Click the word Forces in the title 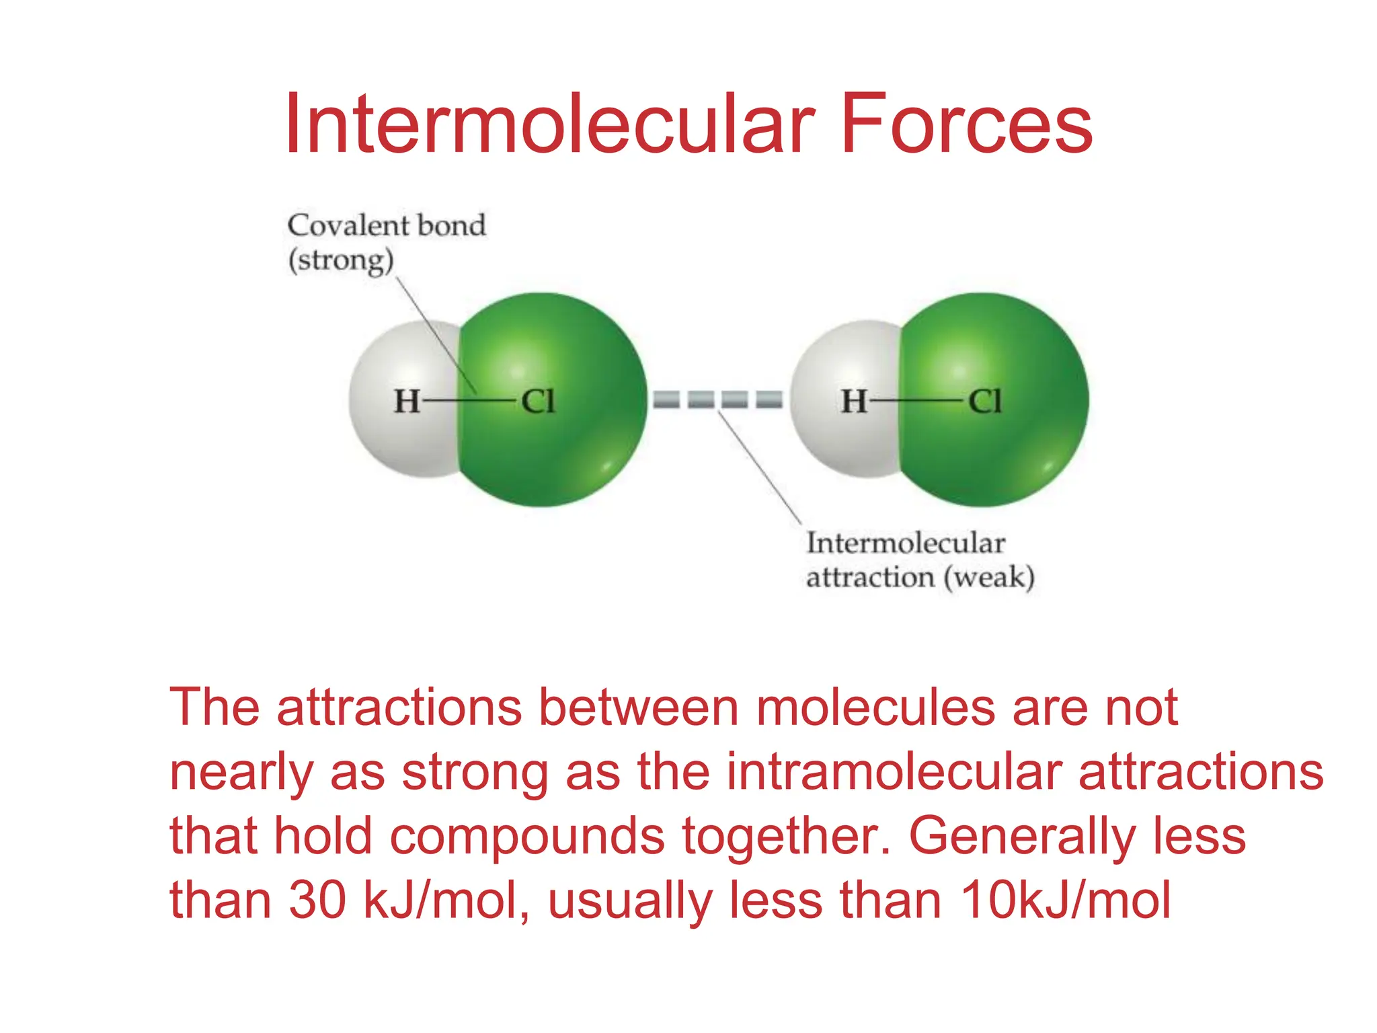click(966, 124)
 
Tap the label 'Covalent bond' click(387, 225)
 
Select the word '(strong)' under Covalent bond click(341, 260)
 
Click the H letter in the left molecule click(407, 401)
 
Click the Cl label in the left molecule click(539, 401)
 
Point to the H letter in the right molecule click(854, 401)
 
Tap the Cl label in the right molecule click(985, 401)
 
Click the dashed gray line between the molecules click(718, 400)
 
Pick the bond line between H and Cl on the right click(918, 401)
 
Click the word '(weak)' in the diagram click(989, 578)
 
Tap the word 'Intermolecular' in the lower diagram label click(906, 543)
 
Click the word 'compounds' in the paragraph click(527, 837)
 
